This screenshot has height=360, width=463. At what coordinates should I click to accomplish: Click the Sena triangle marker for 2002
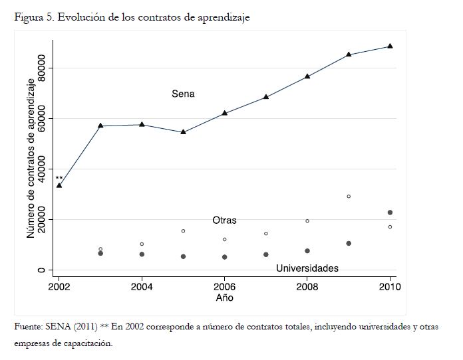coord(59,185)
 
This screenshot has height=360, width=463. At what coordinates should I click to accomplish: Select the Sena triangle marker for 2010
coord(390,46)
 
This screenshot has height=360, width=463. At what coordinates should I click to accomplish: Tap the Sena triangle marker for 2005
coord(183,132)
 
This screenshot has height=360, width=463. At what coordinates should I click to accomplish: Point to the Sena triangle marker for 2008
coord(307,76)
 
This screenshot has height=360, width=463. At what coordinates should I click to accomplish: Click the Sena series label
coord(183,94)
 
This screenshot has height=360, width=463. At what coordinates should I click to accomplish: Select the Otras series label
coord(224,220)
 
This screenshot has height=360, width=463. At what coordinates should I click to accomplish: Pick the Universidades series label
coord(307,268)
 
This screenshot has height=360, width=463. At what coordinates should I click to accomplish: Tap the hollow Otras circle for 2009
coord(349,197)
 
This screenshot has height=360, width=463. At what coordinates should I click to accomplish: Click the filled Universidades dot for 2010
coord(390,213)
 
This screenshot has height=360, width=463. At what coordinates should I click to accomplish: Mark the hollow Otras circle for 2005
coord(183,231)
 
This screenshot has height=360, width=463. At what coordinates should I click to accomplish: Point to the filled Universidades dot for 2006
coord(224,257)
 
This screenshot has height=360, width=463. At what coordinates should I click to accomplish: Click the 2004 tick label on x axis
coord(142,286)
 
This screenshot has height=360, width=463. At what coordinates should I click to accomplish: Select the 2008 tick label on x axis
coord(307,286)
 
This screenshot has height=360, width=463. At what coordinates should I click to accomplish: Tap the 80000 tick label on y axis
coord(41,68)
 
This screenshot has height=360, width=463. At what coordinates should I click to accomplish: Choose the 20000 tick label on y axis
coord(41,220)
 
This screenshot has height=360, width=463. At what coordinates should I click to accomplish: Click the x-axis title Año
coord(224,298)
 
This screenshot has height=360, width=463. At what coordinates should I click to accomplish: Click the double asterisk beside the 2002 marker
coord(59,178)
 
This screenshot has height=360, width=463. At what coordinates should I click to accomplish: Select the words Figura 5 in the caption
coord(34,18)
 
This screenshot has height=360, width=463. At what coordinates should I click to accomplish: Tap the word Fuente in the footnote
coord(29,327)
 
